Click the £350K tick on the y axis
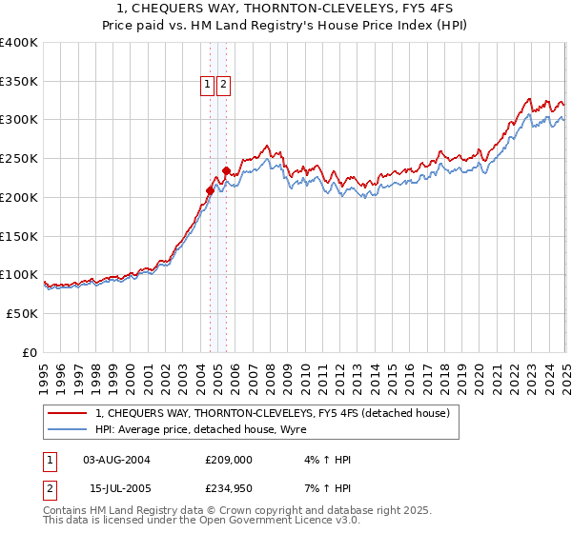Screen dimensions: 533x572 pyautogui.click(x=19, y=81)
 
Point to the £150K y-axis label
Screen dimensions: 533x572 pyautogui.click(x=19, y=236)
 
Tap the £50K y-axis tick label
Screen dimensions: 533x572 pyautogui.click(x=22, y=313)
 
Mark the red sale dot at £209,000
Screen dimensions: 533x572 pyautogui.click(x=210, y=190)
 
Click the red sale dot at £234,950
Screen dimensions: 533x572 pyautogui.click(x=226, y=171)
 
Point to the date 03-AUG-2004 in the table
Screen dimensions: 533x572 pyautogui.click(x=116, y=460)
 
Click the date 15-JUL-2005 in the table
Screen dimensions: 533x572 pyautogui.click(x=116, y=487)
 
